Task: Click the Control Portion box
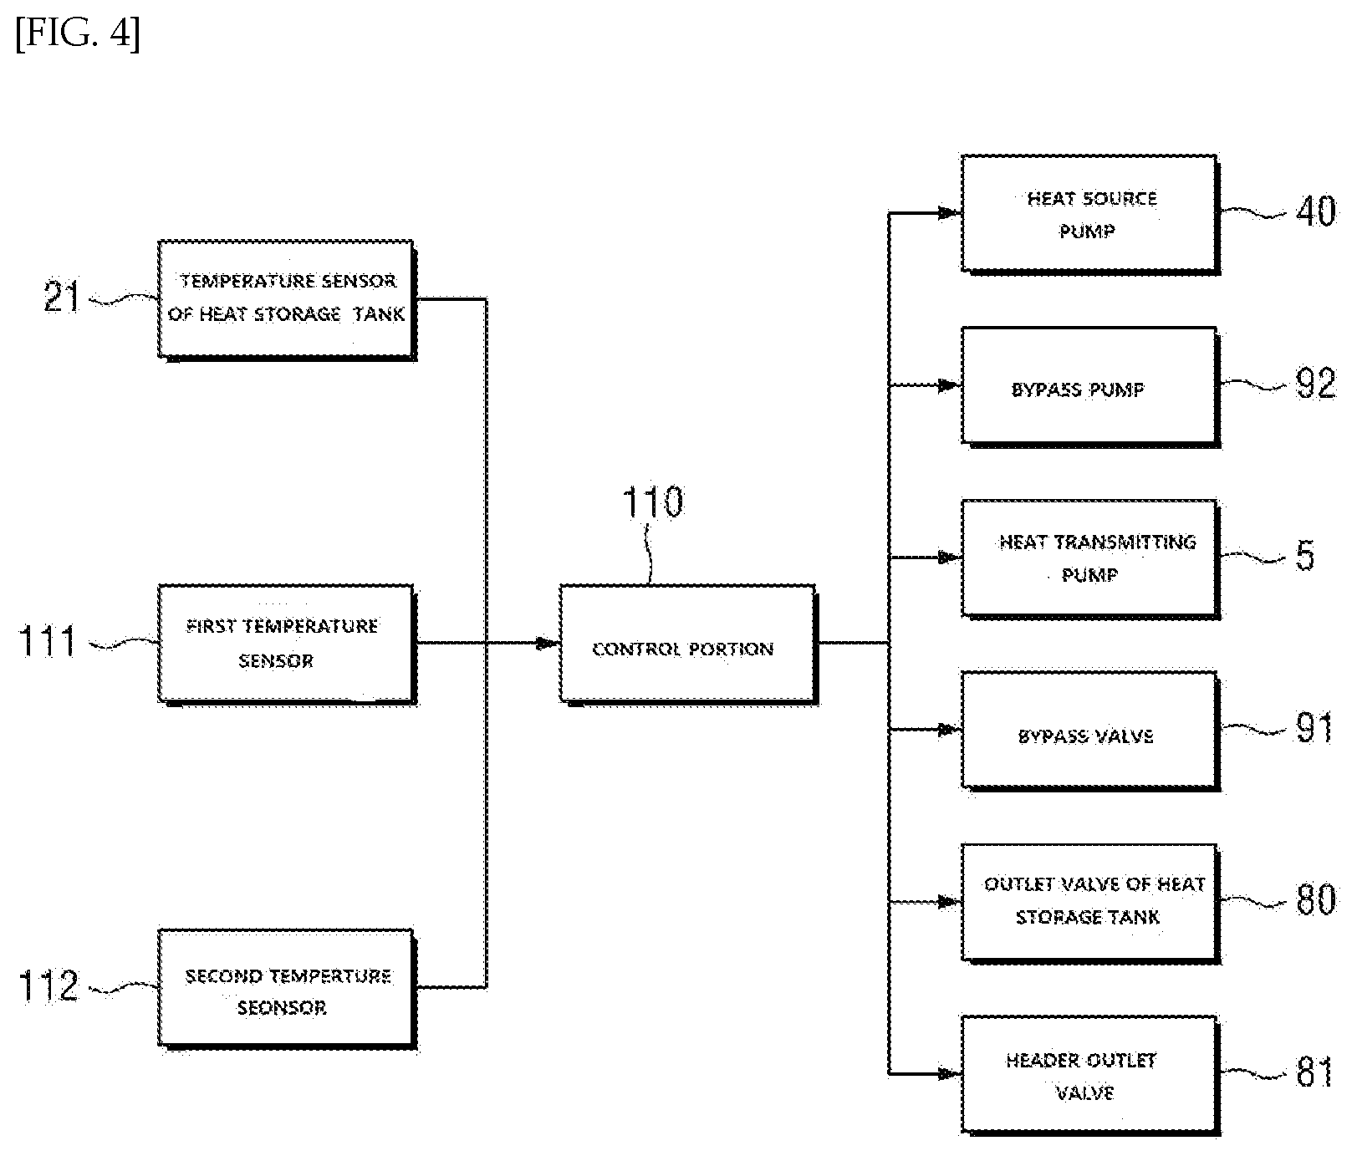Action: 688,644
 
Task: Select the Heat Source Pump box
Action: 1090,214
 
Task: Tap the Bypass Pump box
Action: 1090,386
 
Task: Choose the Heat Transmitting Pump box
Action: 1090,558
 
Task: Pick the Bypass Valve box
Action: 1090,731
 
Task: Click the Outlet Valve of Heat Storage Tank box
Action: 1090,903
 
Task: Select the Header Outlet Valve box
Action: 1090,1075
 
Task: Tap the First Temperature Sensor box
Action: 287,644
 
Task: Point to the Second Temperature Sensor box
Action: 287,989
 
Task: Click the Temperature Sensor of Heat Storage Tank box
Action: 287,300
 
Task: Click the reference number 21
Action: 63,297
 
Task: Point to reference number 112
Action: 48,986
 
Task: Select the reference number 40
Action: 1315,211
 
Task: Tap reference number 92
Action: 1315,383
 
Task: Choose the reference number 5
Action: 1305,556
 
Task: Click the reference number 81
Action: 1314,1072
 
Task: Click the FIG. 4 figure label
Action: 78,35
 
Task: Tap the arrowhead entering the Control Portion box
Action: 548,644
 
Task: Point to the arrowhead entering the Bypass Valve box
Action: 950,730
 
